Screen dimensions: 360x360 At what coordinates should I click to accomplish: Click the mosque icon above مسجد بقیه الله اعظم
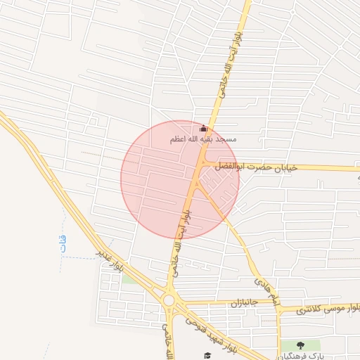(x=204, y=129)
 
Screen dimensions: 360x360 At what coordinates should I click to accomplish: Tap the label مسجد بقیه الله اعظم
(x=203, y=140)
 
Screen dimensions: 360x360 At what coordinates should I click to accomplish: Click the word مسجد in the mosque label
(x=226, y=140)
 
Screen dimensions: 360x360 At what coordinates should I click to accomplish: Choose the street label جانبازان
(x=245, y=303)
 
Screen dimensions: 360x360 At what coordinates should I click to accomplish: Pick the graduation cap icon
(x=207, y=356)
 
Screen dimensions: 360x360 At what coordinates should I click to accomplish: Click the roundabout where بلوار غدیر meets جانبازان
(x=169, y=301)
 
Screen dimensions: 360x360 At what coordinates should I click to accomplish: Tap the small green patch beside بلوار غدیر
(x=129, y=278)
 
